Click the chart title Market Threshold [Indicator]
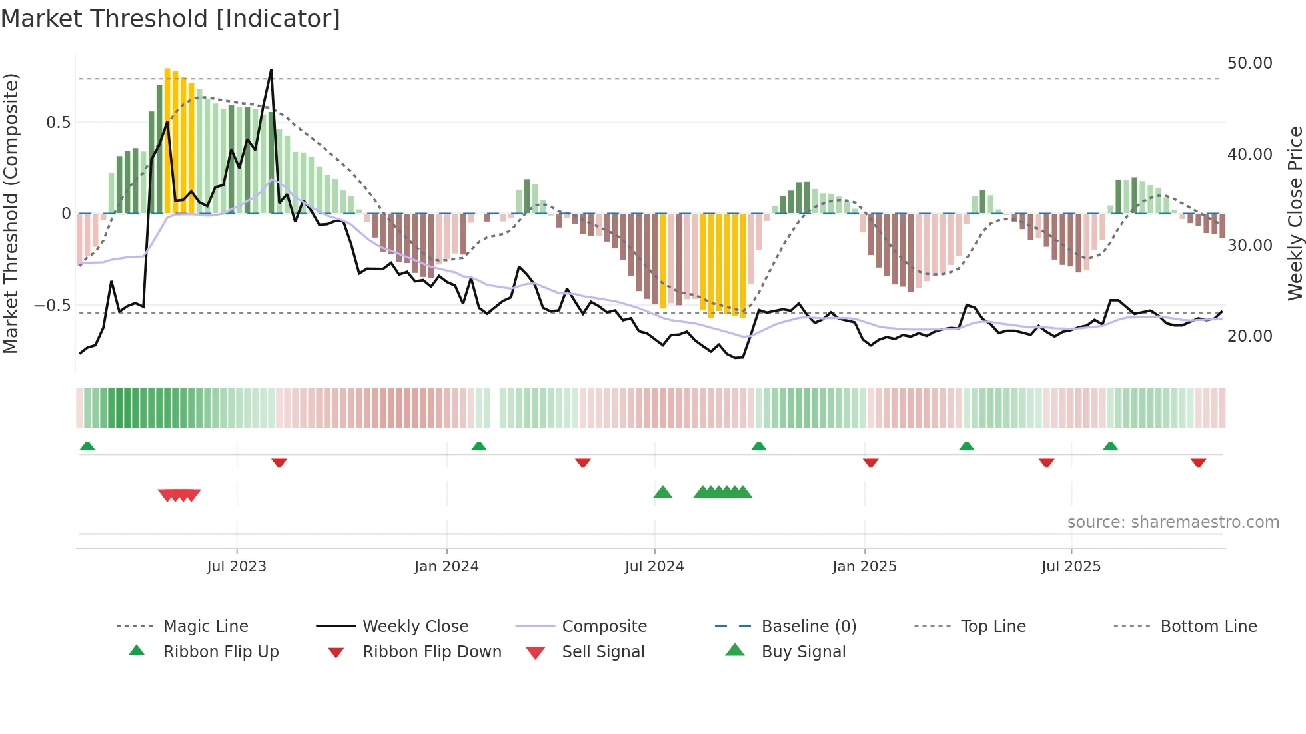(171, 19)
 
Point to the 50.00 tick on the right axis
(1249, 63)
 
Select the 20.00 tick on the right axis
(1249, 336)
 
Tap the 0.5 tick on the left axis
(58, 123)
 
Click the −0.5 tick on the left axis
(52, 306)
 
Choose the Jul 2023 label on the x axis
(237, 567)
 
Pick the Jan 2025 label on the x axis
(864, 567)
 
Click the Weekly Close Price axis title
(1295, 213)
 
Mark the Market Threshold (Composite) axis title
(11, 213)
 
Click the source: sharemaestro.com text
(1173, 522)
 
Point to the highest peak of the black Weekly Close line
(271, 70)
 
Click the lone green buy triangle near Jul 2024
(663, 492)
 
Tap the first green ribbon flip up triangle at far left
(87, 446)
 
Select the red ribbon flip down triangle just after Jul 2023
(279, 462)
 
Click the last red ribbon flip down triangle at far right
(1198, 462)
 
